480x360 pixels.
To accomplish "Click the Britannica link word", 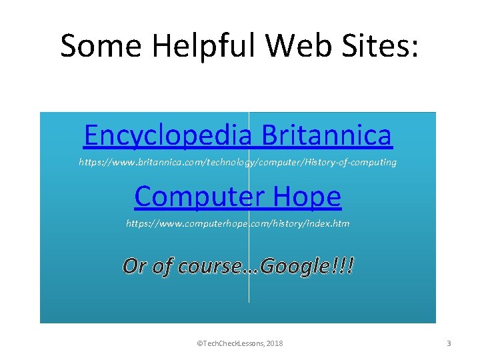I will pyautogui.click(x=327, y=135).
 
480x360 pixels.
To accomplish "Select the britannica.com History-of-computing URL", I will pyautogui.click(x=238, y=162).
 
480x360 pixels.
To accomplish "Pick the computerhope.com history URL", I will pyautogui.click(x=238, y=223).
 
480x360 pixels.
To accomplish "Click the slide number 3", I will pyautogui.click(x=449, y=343).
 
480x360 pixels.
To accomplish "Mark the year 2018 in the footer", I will pyautogui.click(x=274, y=343).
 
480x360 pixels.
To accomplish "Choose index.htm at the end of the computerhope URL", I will pyautogui.click(x=327, y=223).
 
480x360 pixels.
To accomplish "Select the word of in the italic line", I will pyautogui.click(x=163, y=266).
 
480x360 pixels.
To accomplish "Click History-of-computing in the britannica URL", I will pyautogui.click(x=353, y=162).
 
